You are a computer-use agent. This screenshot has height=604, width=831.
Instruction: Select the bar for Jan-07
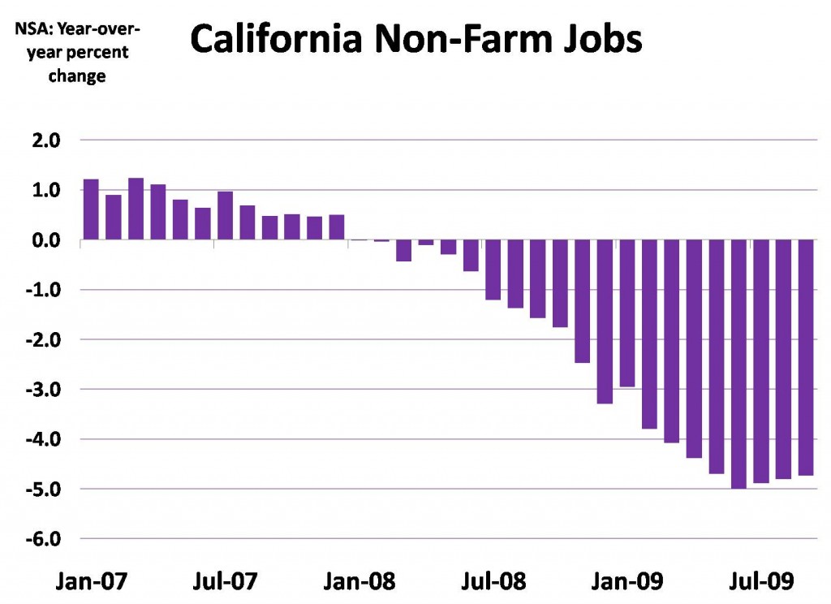(91, 210)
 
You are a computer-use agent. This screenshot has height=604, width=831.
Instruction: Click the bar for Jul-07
(225, 216)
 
